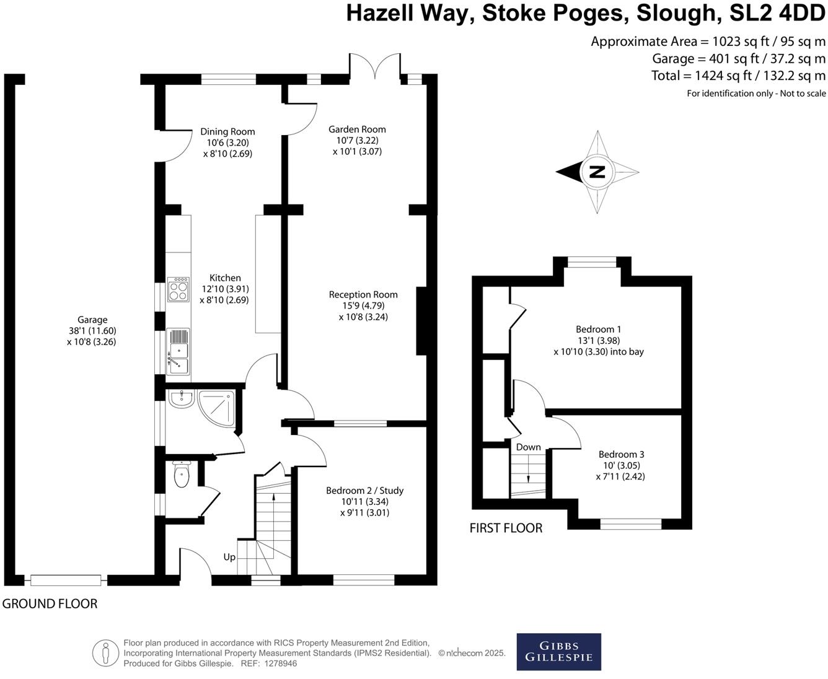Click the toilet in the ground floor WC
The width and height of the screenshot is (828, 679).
tap(182, 473)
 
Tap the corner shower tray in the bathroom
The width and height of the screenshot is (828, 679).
tap(217, 409)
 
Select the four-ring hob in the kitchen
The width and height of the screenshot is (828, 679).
tap(178, 289)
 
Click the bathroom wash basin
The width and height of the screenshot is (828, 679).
tap(182, 399)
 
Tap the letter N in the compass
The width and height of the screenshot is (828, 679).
tap(597, 172)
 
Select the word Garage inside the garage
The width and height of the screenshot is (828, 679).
tap(92, 320)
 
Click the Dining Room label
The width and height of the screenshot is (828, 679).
tap(227, 131)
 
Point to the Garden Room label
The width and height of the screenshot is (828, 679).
tap(357, 129)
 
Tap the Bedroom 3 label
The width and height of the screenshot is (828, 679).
tap(621, 455)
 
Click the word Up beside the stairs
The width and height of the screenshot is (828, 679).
tap(229, 557)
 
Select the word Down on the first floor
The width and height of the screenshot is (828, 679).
tap(529, 447)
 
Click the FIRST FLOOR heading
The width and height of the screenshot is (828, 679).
tap(506, 528)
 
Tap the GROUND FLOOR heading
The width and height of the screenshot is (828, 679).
tap(50, 603)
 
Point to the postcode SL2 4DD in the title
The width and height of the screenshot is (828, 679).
tap(777, 13)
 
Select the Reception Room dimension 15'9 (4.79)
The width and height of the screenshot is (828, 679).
tap(363, 306)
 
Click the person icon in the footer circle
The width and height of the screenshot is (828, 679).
tap(105, 653)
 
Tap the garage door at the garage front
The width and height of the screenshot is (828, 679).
tap(66, 580)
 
